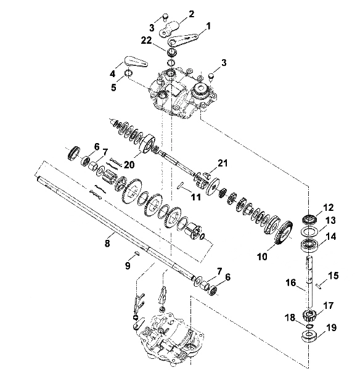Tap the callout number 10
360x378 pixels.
click(x=262, y=257)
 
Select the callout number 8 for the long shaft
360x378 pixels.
click(x=107, y=243)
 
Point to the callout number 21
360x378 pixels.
click(x=222, y=163)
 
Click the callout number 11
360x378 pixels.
click(x=195, y=197)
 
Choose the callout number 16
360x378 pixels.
click(x=290, y=282)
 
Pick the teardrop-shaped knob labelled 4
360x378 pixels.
click(x=136, y=61)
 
